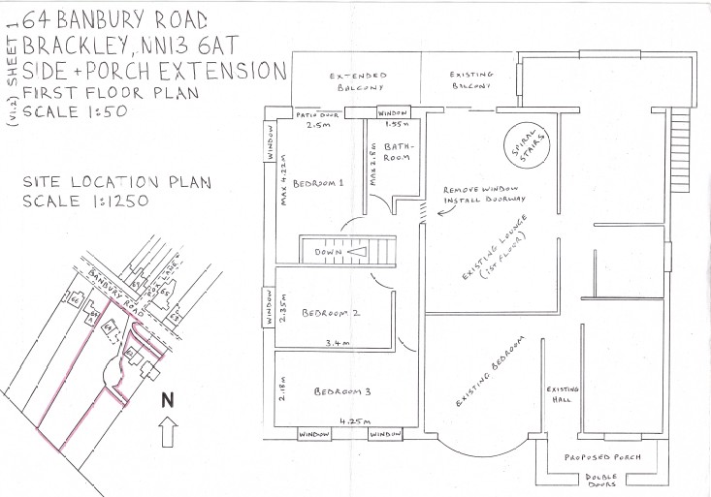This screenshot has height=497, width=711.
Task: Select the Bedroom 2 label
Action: click(331, 313)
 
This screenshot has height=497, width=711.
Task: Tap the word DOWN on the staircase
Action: click(326, 252)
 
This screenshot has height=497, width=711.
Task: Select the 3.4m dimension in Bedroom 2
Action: click(338, 342)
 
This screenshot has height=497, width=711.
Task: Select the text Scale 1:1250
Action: click(85, 202)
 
